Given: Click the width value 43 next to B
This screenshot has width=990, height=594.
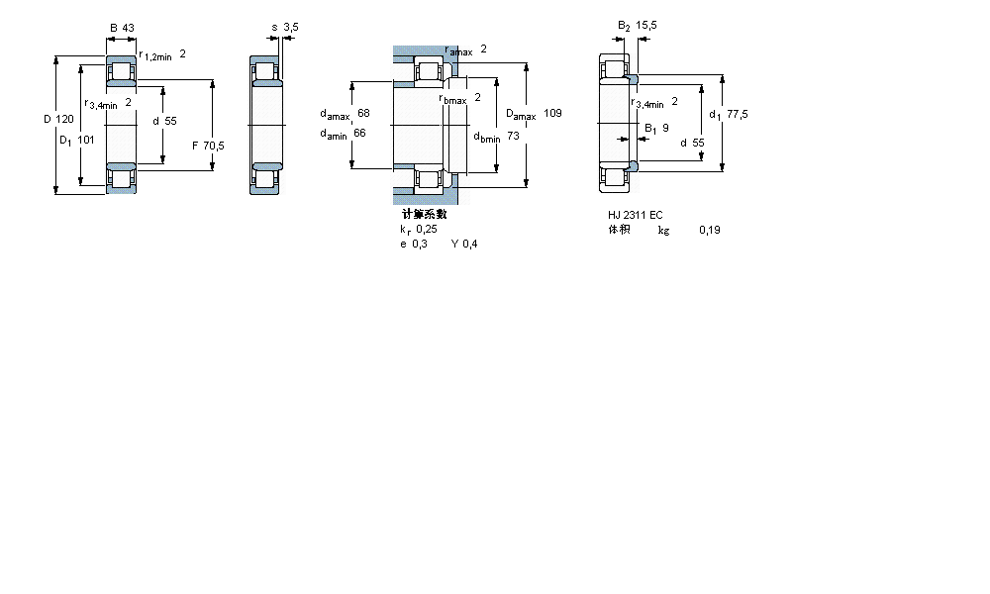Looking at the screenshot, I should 129,27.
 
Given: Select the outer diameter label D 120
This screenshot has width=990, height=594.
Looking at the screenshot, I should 58,120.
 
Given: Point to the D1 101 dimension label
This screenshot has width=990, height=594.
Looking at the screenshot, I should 77,140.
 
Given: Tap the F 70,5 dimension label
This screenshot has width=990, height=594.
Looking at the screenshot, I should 208,146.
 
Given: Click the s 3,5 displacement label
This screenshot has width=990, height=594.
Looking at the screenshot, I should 285,27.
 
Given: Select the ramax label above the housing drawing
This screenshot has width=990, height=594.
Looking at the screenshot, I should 465,49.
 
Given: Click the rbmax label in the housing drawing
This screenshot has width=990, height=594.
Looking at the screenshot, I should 459,98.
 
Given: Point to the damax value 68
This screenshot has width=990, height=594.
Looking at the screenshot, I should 363,113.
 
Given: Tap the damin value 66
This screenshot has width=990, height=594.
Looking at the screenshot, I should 360,134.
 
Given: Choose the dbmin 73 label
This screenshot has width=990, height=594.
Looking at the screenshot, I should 495,137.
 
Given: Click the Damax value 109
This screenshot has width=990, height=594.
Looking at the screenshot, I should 552,114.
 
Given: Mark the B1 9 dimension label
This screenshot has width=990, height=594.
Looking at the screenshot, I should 656,128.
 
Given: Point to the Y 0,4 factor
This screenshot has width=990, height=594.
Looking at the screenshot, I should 464,245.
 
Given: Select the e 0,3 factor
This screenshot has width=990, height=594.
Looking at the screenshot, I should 414,245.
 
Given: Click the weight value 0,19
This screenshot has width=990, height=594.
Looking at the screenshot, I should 709,231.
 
